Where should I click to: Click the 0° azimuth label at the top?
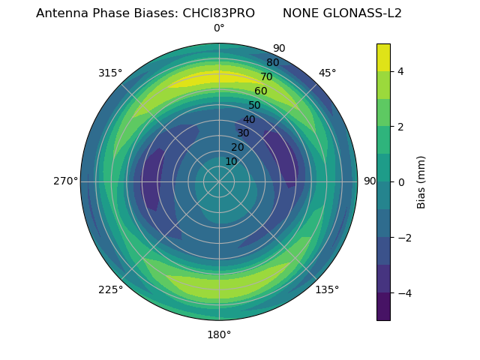219,28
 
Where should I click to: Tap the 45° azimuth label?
327,73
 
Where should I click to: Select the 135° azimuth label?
327,289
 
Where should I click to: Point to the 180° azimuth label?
219,334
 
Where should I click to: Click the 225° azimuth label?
110,289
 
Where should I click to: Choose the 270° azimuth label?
65,181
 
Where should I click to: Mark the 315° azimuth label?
110,73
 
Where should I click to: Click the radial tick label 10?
231,161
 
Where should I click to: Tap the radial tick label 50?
255,106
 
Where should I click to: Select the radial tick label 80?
273,63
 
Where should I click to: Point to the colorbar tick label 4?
401,71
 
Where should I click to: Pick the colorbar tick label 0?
401,182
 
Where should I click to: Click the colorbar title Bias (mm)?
421,181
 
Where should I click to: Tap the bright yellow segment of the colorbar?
383,58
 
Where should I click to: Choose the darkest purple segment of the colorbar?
383,307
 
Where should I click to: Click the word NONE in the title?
300,13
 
